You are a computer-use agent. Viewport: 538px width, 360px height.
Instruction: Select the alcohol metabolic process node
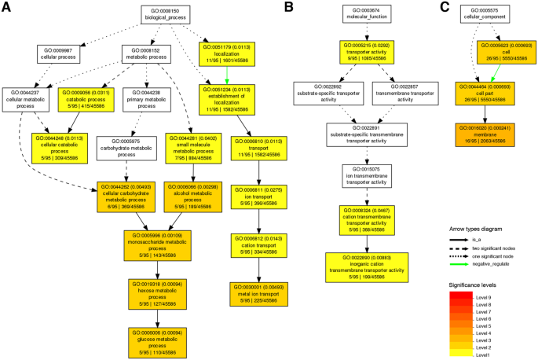[189, 193]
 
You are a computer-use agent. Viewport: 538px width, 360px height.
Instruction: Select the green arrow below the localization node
[229, 72]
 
